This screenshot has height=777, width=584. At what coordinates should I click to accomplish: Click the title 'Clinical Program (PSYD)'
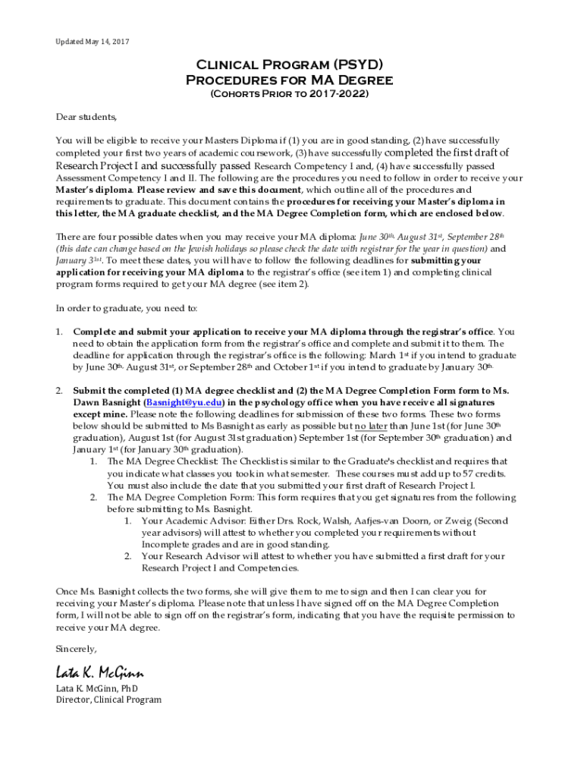click(x=289, y=65)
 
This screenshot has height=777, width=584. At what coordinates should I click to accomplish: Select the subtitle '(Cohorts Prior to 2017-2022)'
click(x=289, y=94)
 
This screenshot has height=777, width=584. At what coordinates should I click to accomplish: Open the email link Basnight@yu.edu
click(x=184, y=402)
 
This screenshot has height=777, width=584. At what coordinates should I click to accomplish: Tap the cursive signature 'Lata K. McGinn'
click(x=99, y=672)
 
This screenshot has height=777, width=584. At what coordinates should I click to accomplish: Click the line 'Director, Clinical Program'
click(x=109, y=700)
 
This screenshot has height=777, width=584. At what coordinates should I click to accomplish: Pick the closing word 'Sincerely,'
click(x=77, y=649)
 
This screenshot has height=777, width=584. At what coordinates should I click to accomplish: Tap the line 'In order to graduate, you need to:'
click(x=127, y=308)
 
